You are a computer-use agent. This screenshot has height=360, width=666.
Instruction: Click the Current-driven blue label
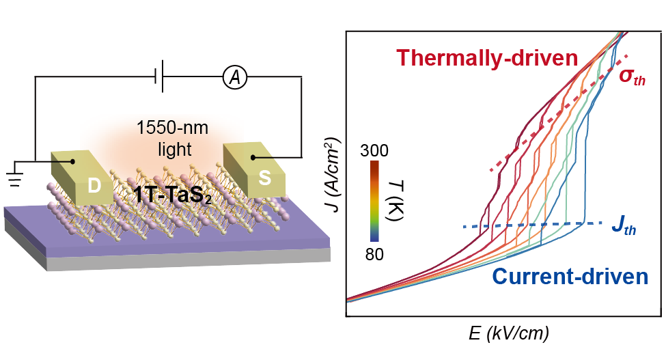tap(569, 277)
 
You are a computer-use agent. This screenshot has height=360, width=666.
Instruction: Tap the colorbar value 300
tap(374, 150)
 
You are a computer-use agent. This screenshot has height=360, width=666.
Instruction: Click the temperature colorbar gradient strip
tap(374, 202)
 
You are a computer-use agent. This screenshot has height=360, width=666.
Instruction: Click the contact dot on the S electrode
tap(253, 158)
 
